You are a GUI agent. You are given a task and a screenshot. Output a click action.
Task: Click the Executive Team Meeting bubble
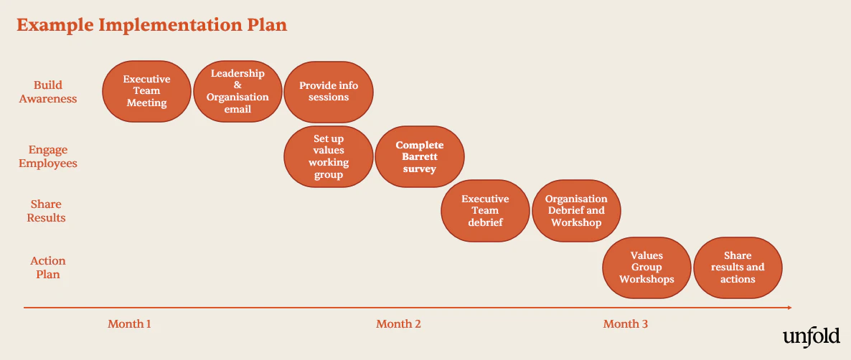point(146,91)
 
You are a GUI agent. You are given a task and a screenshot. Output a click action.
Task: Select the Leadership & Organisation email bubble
point(238,91)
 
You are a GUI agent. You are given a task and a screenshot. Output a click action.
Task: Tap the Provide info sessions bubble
point(329,92)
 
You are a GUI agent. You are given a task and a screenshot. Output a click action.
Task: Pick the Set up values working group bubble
point(329,156)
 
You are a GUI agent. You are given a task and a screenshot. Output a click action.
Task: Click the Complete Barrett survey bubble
point(420,156)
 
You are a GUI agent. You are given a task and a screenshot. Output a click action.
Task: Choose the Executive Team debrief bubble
point(485,210)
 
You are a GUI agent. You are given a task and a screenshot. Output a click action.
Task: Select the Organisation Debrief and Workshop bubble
point(576,210)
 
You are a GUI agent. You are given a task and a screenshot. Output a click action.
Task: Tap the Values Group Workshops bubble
point(647,267)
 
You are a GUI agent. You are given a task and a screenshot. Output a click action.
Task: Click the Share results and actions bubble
point(738,267)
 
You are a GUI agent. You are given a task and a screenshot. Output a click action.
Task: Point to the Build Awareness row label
point(48,92)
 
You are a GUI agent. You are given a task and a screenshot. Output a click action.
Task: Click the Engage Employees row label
point(48,156)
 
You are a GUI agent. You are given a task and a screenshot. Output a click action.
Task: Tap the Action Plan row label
point(48,267)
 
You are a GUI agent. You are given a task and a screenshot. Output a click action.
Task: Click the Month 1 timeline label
point(129,324)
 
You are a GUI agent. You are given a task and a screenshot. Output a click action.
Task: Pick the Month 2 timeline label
point(398,324)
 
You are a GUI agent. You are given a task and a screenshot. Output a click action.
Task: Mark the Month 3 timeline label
point(625,324)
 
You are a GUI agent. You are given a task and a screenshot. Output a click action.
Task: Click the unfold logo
point(812,336)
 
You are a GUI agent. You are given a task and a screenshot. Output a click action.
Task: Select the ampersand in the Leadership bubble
point(238,85)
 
